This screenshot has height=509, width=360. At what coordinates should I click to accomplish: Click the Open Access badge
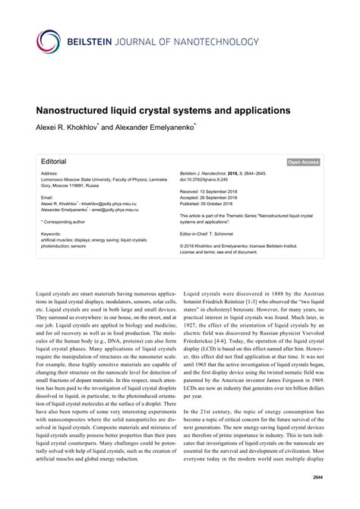(304, 162)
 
